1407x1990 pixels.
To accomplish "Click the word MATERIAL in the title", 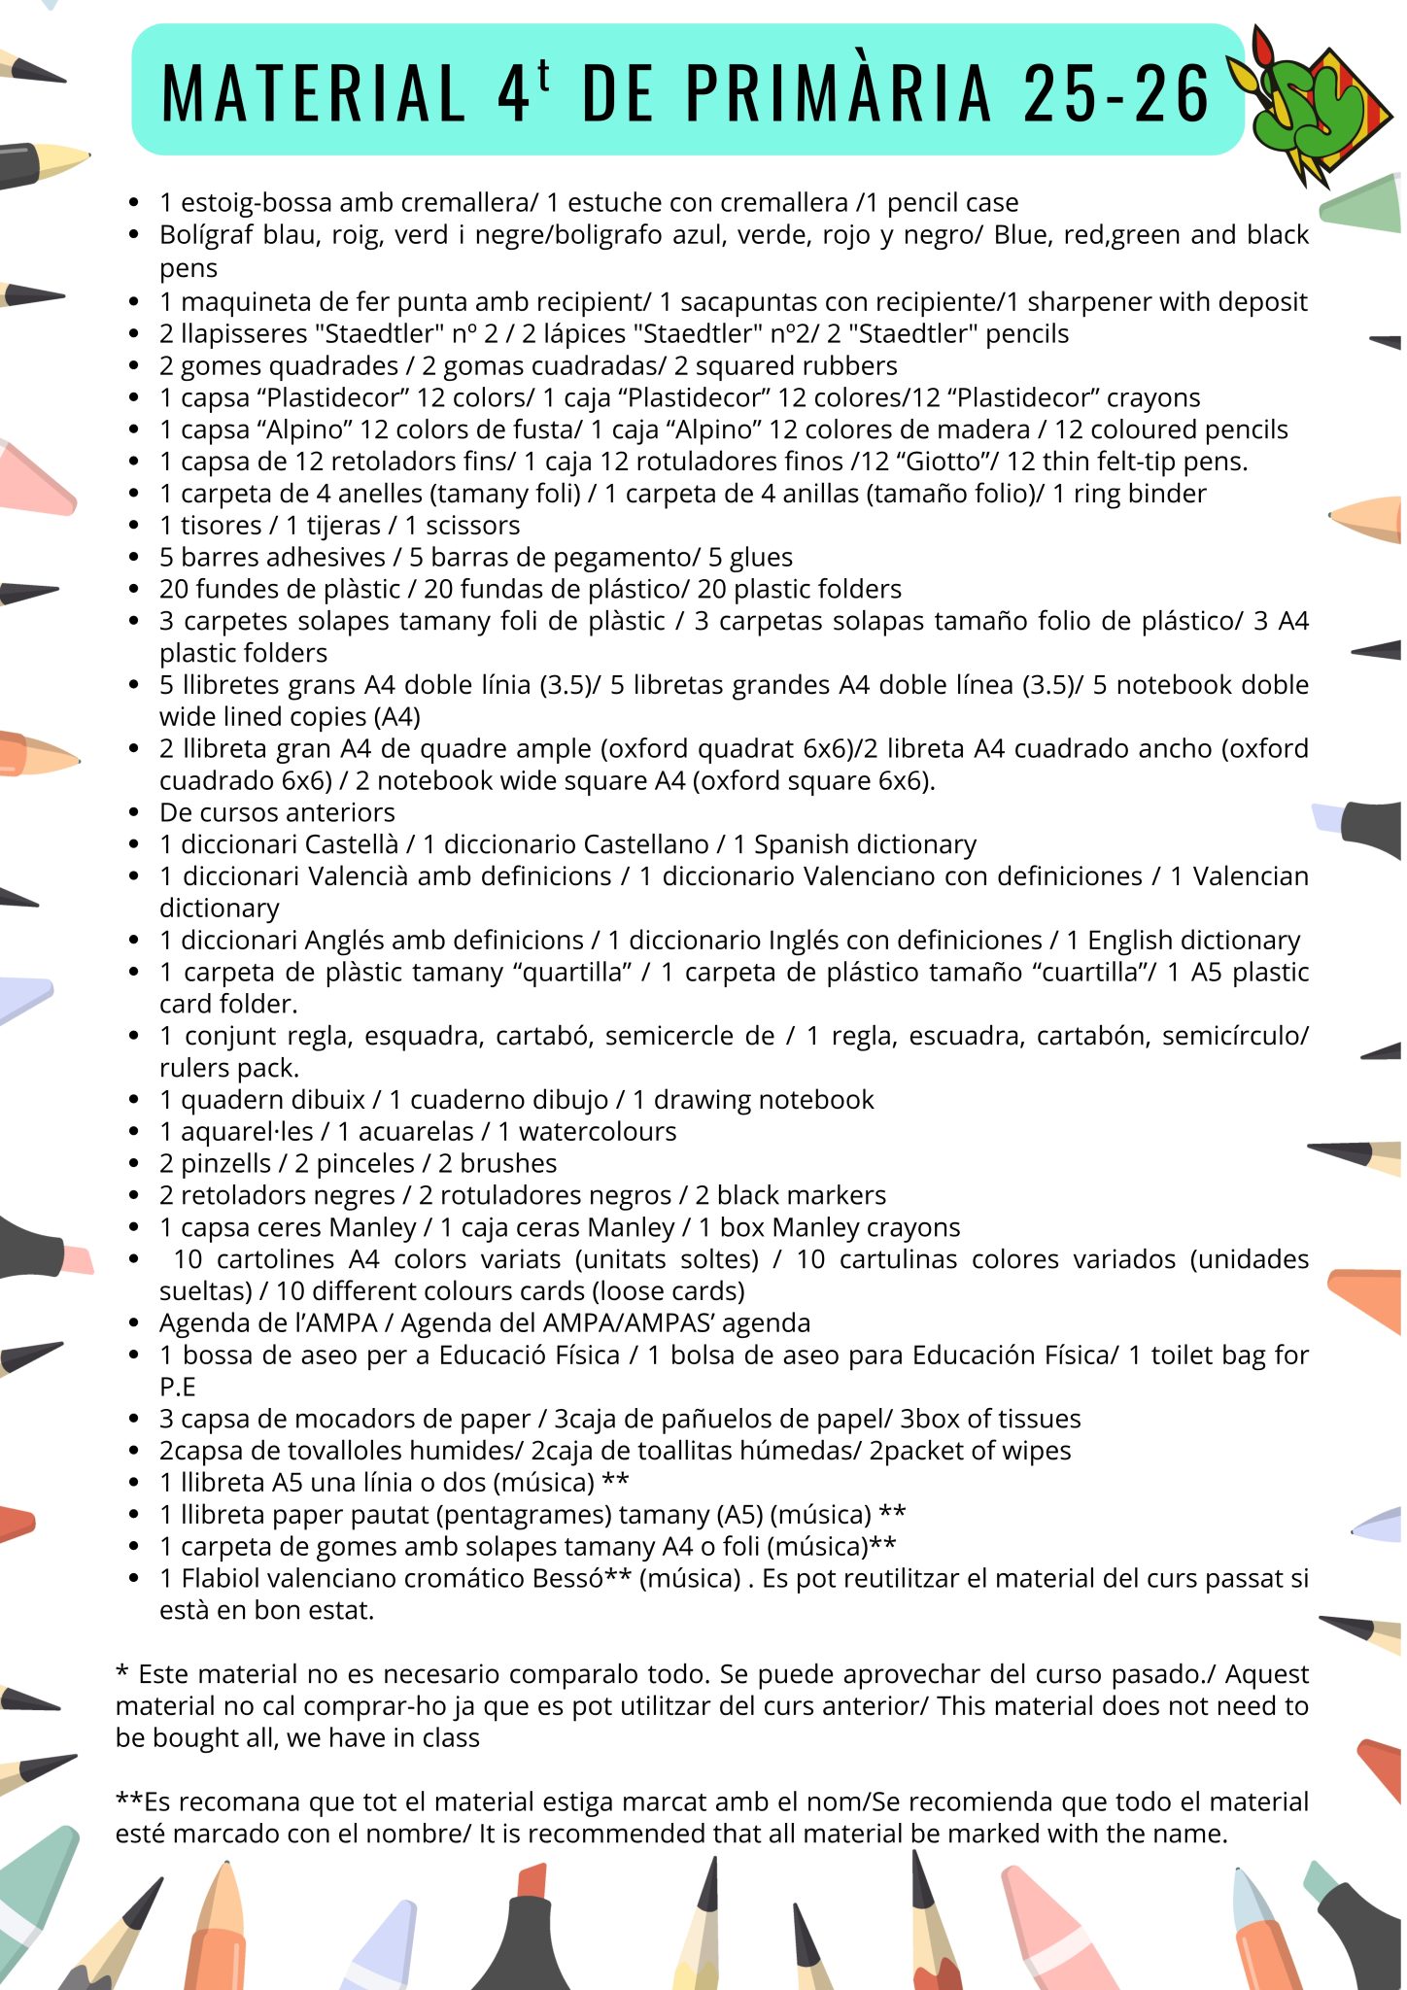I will pos(313,93).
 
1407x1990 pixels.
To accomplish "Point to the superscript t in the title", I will pos(542,76).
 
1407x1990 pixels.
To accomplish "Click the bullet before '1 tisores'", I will pos(135,526).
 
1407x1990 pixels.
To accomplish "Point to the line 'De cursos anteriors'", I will pos(277,812).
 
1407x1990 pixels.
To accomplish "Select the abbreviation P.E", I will pos(178,1387).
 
